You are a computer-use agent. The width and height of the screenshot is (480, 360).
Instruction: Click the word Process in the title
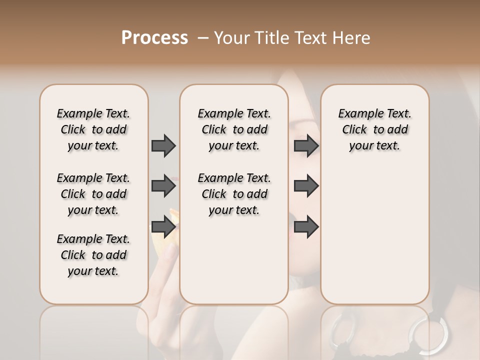[154, 37]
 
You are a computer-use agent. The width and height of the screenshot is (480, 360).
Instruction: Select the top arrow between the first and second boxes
[163, 145]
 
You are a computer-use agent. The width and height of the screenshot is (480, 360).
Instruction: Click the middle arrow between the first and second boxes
[163, 186]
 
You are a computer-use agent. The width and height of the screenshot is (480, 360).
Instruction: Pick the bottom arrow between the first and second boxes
[163, 227]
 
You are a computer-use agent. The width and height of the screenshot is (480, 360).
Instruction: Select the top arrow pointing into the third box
[306, 145]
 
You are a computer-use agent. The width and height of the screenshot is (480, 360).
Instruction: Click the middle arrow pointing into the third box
[306, 186]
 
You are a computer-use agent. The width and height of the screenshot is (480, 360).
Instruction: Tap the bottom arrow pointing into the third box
[306, 227]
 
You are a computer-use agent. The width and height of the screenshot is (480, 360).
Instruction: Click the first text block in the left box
[93, 129]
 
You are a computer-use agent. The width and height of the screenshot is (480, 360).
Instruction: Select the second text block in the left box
[93, 194]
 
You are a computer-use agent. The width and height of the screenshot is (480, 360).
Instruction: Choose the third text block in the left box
[93, 255]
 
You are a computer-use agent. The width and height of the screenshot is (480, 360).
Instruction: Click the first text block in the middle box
[234, 129]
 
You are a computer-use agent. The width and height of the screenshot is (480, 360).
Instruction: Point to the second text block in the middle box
[234, 194]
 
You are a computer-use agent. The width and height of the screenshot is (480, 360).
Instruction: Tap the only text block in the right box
[374, 129]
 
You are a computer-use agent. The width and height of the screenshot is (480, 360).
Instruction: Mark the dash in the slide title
[203, 37]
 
